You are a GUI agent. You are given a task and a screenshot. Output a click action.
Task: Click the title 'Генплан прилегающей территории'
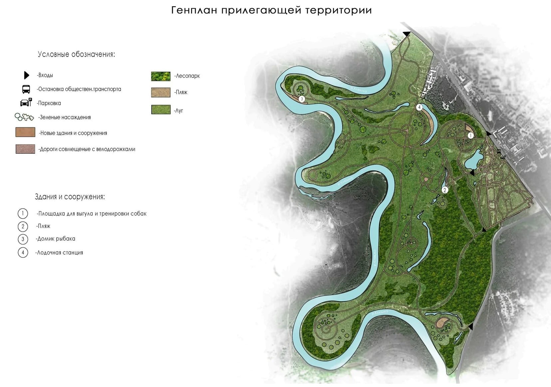[271, 10]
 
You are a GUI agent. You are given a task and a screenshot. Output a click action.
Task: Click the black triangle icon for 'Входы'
[26, 75]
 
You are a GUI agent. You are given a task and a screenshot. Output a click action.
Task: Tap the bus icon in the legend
[26, 89]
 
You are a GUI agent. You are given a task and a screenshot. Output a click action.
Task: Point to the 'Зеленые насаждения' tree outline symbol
[24, 117]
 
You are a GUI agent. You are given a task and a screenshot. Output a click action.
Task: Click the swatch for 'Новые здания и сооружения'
[25, 132]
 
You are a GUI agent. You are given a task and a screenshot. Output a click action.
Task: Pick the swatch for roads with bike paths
[25, 149]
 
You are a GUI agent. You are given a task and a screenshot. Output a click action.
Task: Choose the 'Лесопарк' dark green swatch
[161, 76]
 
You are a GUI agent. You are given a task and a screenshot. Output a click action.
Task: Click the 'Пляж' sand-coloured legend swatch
[161, 92]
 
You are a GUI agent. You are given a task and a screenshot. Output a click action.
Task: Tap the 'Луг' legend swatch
[161, 109]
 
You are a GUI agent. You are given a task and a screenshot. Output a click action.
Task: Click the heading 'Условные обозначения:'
[76, 55]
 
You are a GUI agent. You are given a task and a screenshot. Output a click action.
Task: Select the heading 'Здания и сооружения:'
[70, 197]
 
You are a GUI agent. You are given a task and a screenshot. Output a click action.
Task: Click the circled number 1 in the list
[23, 213]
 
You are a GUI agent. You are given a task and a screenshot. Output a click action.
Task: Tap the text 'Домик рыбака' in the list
[56, 239]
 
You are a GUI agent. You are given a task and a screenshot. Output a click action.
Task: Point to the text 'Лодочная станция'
[60, 253]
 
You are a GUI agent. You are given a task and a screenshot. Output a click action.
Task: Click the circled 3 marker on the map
[302, 99]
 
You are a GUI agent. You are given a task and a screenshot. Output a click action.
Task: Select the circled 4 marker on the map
[419, 107]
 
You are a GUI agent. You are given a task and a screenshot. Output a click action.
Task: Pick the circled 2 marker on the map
[445, 190]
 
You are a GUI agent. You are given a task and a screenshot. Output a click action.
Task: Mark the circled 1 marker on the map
[470, 135]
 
